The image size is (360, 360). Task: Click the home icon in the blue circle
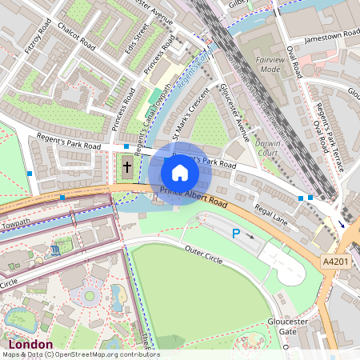click(x=180, y=173)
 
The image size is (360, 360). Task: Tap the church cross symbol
click(x=127, y=169)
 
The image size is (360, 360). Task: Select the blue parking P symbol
click(x=235, y=233)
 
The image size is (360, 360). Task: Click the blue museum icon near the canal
click(x=54, y=250)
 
